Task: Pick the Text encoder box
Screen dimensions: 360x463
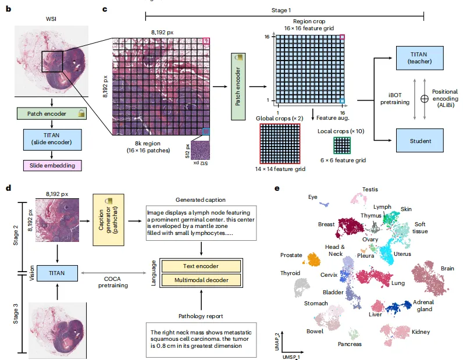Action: pos(201,266)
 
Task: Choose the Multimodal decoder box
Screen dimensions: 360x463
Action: pos(201,281)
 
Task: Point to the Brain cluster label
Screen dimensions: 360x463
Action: pos(447,269)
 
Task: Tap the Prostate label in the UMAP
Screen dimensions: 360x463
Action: pos(291,255)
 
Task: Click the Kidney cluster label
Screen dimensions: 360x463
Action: pos(420,332)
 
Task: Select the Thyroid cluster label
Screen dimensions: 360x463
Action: pos(290,273)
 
